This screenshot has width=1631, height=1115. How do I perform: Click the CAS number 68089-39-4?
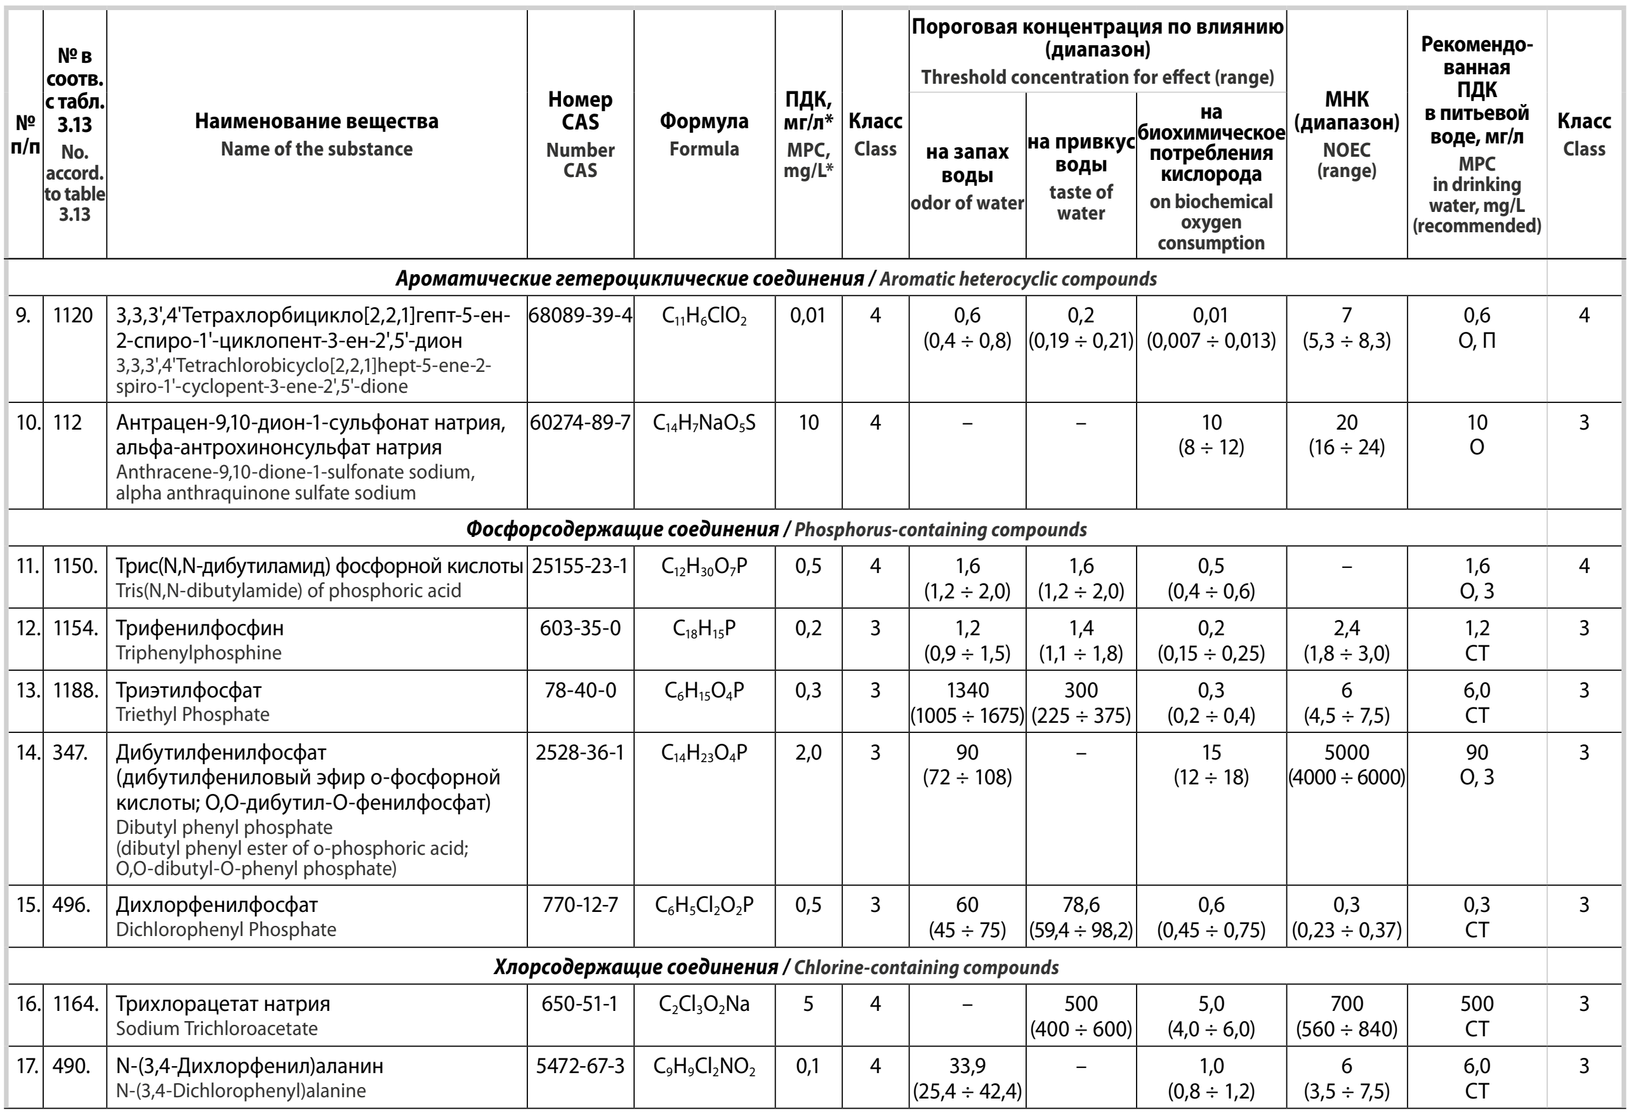click(581, 316)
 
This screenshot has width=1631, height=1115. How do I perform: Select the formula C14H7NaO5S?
click(704, 423)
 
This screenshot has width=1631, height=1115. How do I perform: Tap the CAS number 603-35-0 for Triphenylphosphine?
click(581, 628)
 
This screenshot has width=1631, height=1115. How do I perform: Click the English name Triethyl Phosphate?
click(192, 715)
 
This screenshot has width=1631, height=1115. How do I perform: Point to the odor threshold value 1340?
click(967, 690)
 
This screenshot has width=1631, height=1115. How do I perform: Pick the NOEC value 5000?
click(1346, 753)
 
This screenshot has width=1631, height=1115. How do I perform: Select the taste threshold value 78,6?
click(1081, 905)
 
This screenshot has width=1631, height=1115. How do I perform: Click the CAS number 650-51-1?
click(581, 1004)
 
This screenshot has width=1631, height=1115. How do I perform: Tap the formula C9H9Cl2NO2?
click(704, 1067)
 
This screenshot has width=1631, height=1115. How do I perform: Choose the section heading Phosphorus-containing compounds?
click(940, 530)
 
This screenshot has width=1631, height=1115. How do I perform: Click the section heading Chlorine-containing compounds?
click(926, 968)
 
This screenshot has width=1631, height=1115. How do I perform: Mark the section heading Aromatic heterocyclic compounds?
click(1017, 279)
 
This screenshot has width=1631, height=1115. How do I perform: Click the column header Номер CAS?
click(581, 111)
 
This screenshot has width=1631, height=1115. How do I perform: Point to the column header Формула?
click(704, 121)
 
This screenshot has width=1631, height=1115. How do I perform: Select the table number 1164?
click(75, 1004)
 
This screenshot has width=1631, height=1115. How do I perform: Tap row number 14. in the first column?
click(27, 753)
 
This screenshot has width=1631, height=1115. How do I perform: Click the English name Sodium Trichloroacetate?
click(216, 1029)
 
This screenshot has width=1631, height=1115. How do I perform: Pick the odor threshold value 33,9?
click(967, 1067)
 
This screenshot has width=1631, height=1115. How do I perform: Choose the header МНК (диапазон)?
click(1346, 111)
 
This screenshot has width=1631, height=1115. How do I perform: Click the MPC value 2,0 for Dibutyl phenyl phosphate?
click(808, 753)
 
